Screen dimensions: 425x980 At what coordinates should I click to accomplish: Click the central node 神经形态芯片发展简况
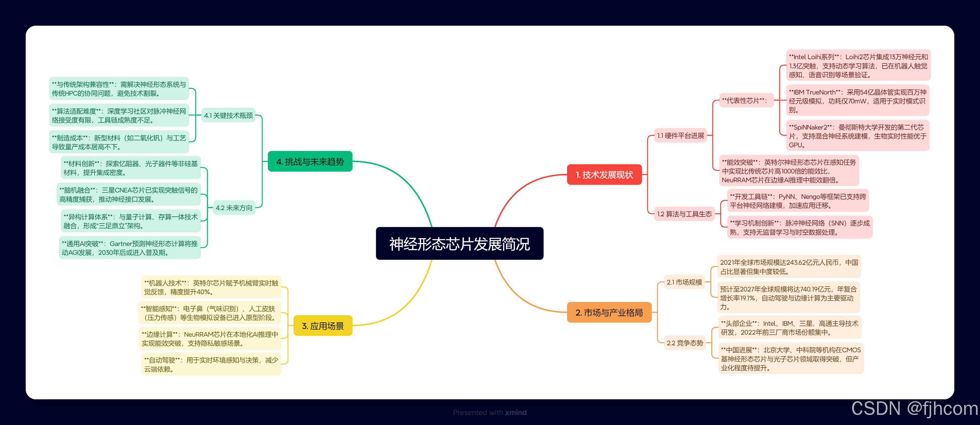point(459,244)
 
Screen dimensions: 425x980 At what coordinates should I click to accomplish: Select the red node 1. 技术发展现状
point(604,175)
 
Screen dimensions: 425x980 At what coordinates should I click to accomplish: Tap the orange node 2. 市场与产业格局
point(609,312)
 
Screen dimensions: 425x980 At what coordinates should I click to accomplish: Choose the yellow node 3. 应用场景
point(323,326)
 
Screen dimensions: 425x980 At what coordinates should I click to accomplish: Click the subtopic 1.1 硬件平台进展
point(680,135)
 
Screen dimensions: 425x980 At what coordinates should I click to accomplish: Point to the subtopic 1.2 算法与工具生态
point(684,214)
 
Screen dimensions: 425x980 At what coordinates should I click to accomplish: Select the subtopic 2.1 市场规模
point(684,282)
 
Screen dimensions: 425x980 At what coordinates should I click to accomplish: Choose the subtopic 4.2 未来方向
point(234,208)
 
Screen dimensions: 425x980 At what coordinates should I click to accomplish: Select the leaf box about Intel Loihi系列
point(858,66)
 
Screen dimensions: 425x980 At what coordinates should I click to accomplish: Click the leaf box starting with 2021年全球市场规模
point(789,267)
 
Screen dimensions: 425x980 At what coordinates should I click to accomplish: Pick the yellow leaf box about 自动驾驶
point(211,364)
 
